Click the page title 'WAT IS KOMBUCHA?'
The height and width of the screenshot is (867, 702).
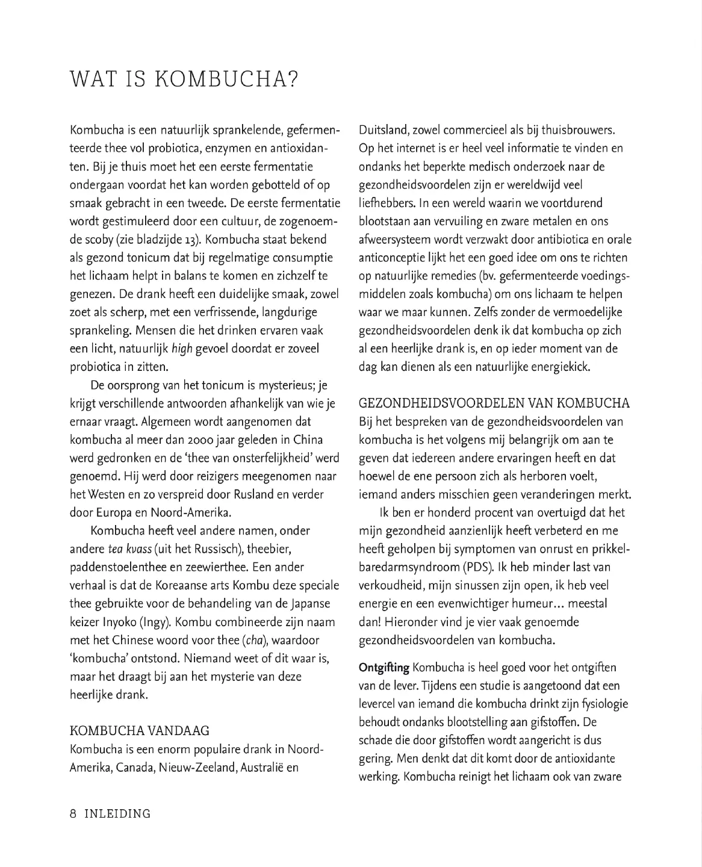[184, 79]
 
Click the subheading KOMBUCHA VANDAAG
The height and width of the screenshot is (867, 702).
[140, 731]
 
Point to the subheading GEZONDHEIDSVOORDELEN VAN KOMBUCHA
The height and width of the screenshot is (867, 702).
[494, 403]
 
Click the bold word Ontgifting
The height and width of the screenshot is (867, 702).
[384, 668]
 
